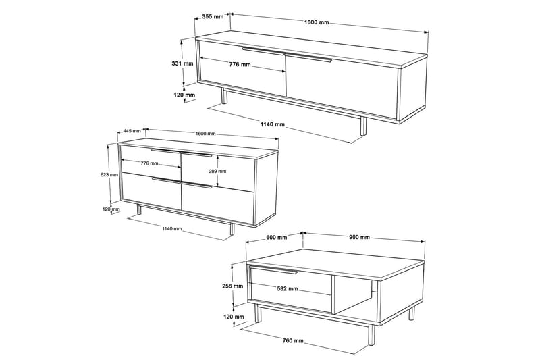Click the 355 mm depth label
click(213, 16)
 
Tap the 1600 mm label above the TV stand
click(317, 22)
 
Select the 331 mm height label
click(182, 63)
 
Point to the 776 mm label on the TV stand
click(240, 64)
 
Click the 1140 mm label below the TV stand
click(273, 124)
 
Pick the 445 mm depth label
click(132, 131)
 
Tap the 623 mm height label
click(109, 175)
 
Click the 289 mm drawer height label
click(217, 171)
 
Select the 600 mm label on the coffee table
click(277, 237)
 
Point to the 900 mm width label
click(359, 237)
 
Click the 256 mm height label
click(232, 286)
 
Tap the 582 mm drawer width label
click(288, 288)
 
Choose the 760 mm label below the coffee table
click(293, 340)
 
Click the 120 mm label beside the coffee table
click(233, 317)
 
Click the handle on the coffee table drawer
click(273, 269)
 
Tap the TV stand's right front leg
click(363, 126)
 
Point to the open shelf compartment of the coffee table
click(356, 294)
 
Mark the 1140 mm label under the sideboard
click(172, 228)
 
